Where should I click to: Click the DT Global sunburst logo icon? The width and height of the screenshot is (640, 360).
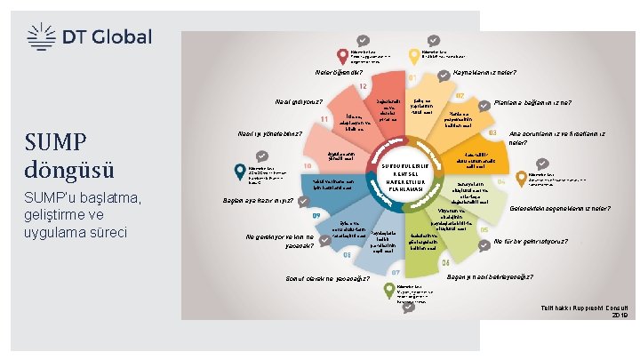pyautogui.click(x=40, y=36)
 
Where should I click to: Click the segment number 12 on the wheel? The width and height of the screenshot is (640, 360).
pyautogui.click(x=363, y=86)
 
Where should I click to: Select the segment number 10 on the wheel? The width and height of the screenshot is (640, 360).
pyautogui.click(x=306, y=165)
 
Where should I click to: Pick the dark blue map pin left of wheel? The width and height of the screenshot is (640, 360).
pyautogui.click(x=239, y=171)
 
